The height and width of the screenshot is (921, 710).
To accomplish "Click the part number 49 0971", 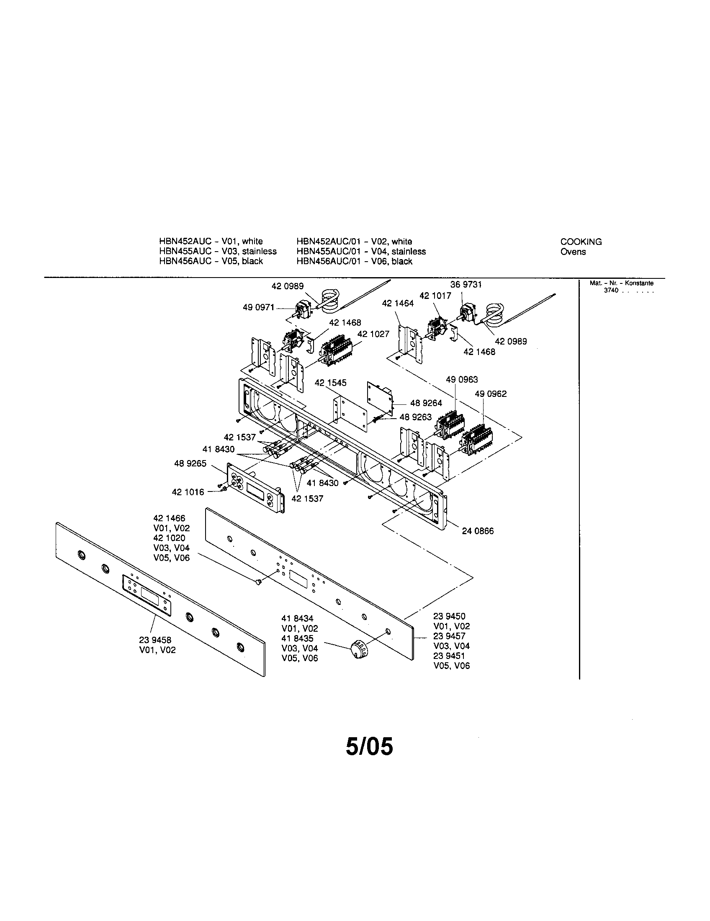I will tap(258, 307).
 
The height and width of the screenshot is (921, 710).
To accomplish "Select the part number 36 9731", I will tap(466, 285).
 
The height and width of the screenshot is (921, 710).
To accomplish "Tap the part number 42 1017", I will tap(435, 296).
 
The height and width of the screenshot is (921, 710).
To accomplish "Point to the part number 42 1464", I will tap(398, 303).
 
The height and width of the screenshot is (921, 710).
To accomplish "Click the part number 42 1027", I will tap(373, 334).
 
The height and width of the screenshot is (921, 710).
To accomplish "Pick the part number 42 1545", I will tap(331, 383).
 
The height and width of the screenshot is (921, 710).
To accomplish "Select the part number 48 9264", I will tap(426, 403).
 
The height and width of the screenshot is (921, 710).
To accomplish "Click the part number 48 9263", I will tap(415, 417).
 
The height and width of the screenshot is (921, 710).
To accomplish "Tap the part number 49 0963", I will tap(462, 380).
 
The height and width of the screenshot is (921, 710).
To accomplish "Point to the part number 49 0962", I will tap(491, 394).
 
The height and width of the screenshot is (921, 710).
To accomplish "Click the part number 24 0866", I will tap(478, 531).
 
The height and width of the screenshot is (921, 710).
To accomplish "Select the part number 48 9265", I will tap(190, 463).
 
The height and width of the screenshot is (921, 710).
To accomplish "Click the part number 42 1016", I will tap(188, 492).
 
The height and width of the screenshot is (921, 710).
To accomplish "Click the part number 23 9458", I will tap(155, 640).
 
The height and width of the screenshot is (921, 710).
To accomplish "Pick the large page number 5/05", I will tap(369, 746).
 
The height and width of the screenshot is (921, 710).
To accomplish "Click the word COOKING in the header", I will tap(581, 242).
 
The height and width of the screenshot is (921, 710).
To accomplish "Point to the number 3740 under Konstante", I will tap(611, 291).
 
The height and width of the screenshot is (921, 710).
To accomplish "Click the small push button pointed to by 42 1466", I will tap(258, 582).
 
